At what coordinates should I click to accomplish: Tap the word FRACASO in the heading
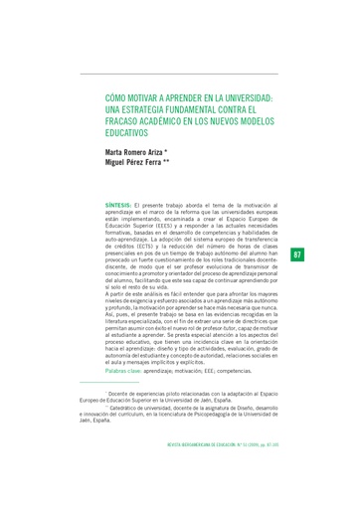[123, 121]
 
